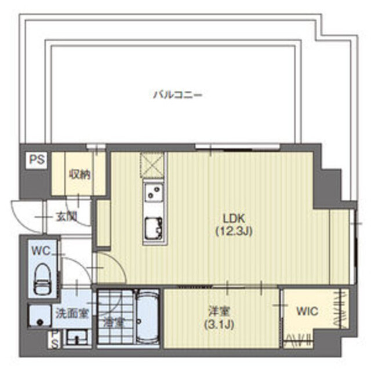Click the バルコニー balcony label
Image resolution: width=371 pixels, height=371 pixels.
(177, 94)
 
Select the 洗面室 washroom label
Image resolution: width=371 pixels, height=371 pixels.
(72, 313)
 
